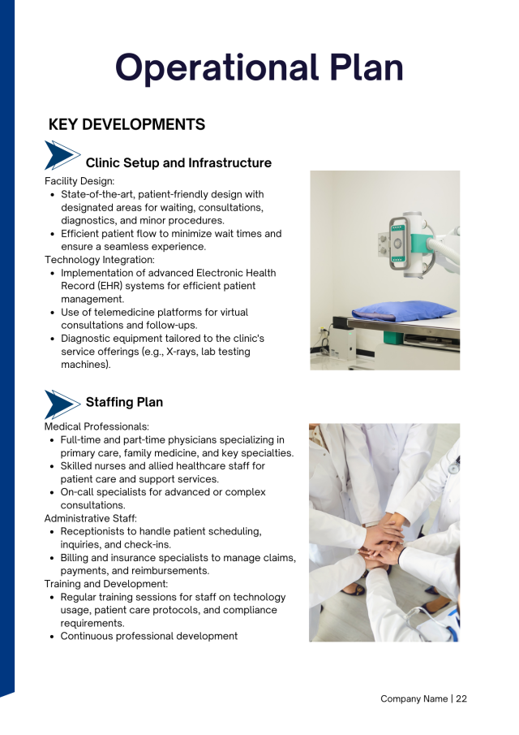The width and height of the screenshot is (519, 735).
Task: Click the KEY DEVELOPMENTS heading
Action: click(x=127, y=124)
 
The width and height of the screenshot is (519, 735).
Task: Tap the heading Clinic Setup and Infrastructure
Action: click(x=178, y=163)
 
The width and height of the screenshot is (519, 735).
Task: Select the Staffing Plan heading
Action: click(x=124, y=402)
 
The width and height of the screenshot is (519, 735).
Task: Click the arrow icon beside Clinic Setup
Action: click(x=62, y=155)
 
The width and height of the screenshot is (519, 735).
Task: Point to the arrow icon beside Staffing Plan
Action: click(x=62, y=404)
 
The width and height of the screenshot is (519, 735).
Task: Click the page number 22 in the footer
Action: click(x=461, y=698)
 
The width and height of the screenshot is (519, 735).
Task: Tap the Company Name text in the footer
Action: click(x=414, y=698)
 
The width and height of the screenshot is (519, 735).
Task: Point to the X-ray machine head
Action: click(x=399, y=240)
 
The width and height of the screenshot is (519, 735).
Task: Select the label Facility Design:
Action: click(x=79, y=181)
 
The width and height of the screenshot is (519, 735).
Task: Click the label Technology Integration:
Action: click(x=100, y=260)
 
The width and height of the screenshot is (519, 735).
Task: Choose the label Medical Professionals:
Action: click(x=97, y=426)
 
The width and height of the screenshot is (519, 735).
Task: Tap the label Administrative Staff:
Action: click(x=90, y=518)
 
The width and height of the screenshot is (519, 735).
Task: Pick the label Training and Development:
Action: click(x=105, y=583)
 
